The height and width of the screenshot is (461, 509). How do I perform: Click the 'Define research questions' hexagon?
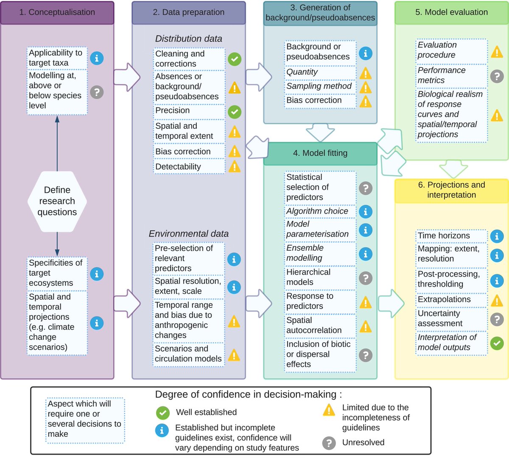pyautogui.click(x=57, y=201)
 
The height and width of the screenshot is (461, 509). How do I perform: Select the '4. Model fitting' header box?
pyautogui.click(x=320, y=153)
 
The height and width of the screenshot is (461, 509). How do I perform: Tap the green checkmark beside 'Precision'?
pyautogui.click(x=235, y=112)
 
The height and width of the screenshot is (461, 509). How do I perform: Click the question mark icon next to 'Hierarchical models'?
pyautogui.click(x=366, y=278)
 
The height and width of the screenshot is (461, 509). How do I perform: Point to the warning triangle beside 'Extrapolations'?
pyautogui.click(x=497, y=301)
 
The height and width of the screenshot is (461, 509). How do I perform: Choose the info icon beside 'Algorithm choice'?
pyautogui.click(x=366, y=211)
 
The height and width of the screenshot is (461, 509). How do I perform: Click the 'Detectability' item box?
pyautogui.click(x=189, y=167)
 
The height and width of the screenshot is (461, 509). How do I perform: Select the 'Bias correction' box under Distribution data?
pyautogui.click(x=189, y=151)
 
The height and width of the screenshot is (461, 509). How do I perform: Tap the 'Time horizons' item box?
pyautogui.click(x=451, y=235)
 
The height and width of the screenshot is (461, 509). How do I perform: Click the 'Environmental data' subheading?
pyautogui.click(x=188, y=234)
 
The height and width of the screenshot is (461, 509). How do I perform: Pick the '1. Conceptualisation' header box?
pyautogui.click(x=57, y=12)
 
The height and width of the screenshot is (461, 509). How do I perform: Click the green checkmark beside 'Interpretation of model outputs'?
pyautogui.click(x=497, y=343)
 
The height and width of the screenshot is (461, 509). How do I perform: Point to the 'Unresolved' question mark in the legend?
pyautogui.click(x=329, y=443)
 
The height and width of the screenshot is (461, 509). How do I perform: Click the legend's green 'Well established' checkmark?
pyautogui.click(x=162, y=413)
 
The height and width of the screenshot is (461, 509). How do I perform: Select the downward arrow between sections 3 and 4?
pyautogui.click(x=320, y=132)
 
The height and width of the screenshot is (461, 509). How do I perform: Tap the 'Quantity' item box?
pyautogui.click(x=320, y=72)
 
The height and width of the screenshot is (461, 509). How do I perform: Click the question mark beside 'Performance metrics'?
pyautogui.click(x=497, y=76)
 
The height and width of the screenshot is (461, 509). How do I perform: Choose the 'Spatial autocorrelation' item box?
pyautogui.click(x=320, y=325)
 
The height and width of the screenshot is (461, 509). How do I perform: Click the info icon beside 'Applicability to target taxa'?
pyautogui.click(x=97, y=58)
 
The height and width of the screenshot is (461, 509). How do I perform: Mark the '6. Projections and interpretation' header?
pyautogui.click(x=451, y=190)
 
